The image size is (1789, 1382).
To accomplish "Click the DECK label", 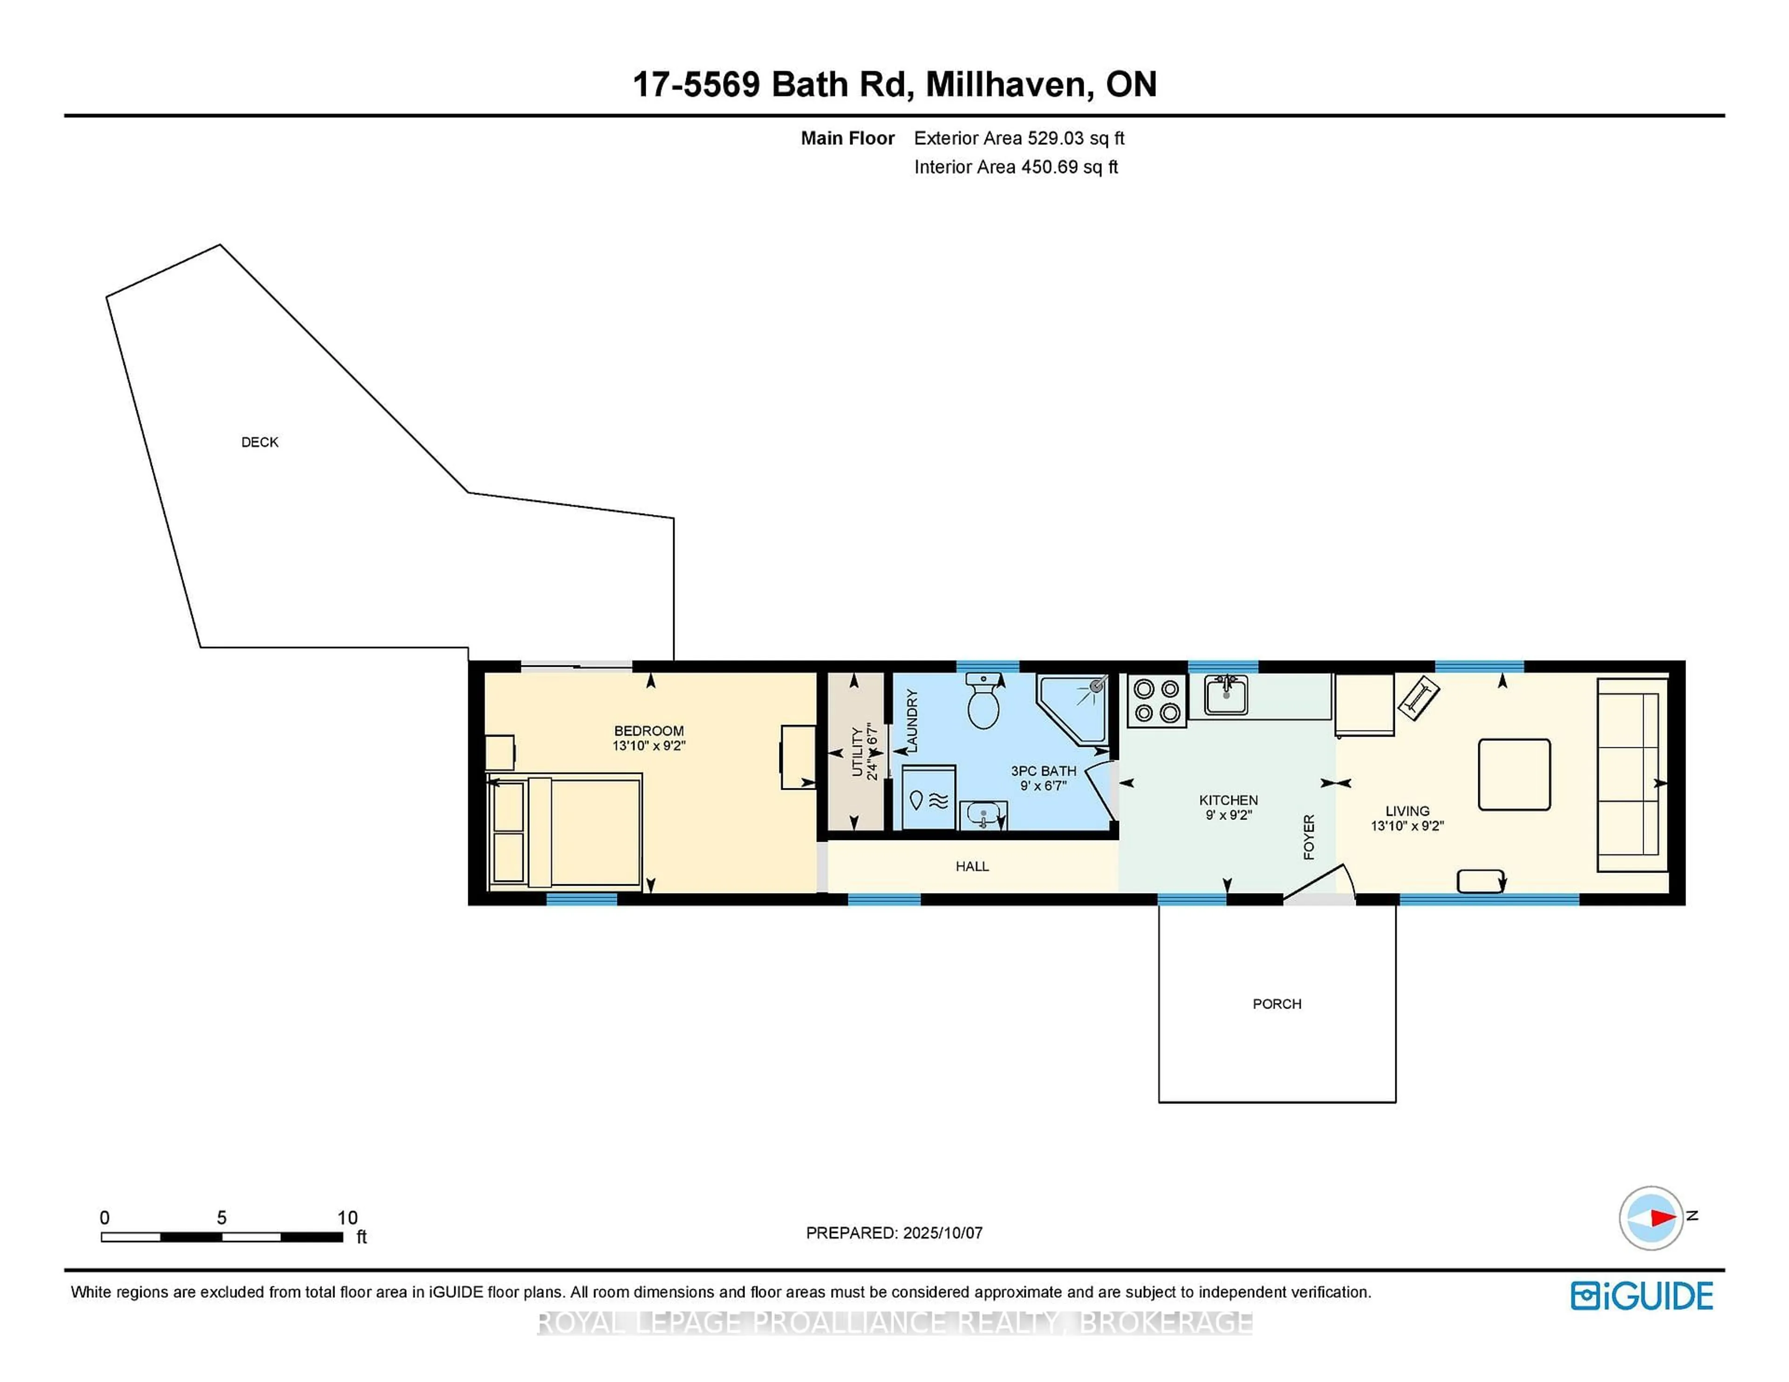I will tap(259, 442).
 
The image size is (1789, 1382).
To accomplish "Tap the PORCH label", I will tap(1276, 1004).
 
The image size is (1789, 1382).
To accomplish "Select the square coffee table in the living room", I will tap(1514, 774).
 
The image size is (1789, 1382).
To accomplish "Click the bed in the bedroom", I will tap(565, 833).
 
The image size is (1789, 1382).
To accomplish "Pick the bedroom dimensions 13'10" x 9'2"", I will tap(649, 746).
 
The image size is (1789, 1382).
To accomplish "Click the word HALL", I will tap(972, 866).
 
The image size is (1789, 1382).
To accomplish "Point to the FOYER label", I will tap(1308, 837).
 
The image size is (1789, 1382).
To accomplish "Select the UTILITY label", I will tap(857, 752).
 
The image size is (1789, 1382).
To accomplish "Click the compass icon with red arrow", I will tap(1651, 1218).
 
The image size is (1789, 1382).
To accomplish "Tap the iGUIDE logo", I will tap(1642, 1296).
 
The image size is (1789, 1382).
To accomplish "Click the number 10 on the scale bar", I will tap(347, 1218).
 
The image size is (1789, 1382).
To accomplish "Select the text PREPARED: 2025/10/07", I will tap(894, 1232).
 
